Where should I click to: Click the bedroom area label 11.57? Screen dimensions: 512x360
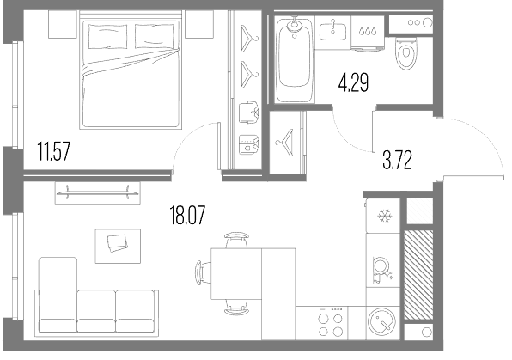click(x=54, y=151)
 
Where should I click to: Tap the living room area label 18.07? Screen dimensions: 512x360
click(x=188, y=216)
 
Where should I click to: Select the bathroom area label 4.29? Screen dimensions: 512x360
click(x=354, y=83)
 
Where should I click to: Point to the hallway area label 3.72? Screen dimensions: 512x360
click(x=397, y=160)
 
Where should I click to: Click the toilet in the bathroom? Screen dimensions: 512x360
click(x=406, y=53)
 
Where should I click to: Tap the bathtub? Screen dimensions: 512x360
click(x=294, y=60)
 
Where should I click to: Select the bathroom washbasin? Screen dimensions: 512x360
click(x=332, y=32)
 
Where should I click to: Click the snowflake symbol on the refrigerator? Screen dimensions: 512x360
click(x=384, y=216)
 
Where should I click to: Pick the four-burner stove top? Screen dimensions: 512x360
click(x=331, y=323)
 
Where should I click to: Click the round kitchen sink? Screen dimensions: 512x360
click(x=381, y=322)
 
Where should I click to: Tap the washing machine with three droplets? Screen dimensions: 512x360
click(x=368, y=33)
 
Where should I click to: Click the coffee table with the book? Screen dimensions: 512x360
click(x=118, y=246)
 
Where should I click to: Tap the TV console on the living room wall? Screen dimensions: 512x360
click(x=98, y=193)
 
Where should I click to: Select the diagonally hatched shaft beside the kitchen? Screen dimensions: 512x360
click(x=418, y=275)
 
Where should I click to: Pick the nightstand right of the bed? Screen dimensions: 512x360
click(x=199, y=24)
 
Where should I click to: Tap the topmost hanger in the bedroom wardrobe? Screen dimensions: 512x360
click(x=249, y=38)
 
